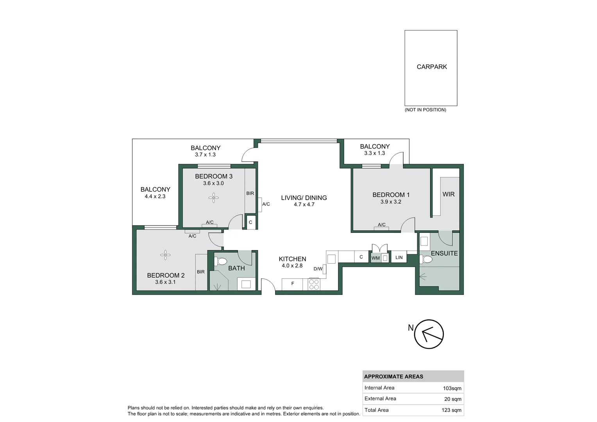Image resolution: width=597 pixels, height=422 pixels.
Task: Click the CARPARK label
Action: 432,67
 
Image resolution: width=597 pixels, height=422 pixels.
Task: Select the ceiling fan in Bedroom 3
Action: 213,198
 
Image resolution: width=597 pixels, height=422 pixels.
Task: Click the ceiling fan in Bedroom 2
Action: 165,255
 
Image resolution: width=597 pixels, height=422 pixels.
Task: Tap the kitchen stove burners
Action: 314,284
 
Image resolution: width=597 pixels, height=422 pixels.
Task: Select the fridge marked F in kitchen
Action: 292,284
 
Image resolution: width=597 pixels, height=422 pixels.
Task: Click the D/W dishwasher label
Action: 318,269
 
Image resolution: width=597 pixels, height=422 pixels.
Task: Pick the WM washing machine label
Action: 375,258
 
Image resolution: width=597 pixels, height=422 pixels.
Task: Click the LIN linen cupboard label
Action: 399,257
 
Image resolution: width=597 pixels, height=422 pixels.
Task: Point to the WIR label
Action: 449,194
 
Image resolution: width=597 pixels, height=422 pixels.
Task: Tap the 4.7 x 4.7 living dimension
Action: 304,204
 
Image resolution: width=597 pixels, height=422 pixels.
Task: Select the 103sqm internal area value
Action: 452,388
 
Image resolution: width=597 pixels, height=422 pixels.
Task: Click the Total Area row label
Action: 377,410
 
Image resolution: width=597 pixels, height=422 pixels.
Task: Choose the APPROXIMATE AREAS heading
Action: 393,377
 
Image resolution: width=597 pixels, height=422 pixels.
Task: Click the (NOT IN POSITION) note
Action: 425,110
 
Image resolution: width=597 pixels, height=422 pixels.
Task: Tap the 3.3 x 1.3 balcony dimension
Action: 374,153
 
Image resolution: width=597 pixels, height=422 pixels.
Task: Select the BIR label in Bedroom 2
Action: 201,272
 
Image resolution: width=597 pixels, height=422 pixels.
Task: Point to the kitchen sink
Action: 331,259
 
